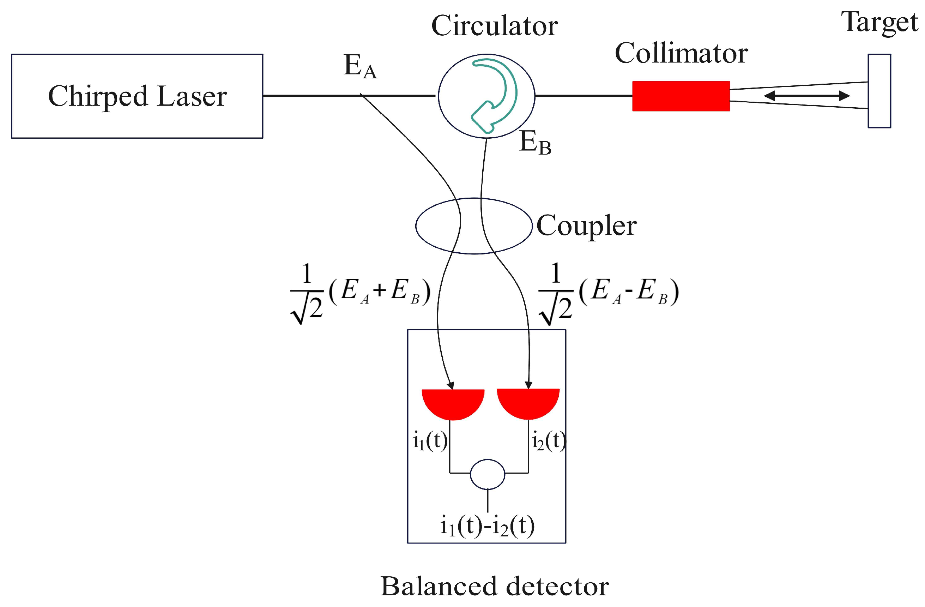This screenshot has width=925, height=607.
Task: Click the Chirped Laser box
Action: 137,96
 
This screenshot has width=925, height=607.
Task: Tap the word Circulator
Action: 494,26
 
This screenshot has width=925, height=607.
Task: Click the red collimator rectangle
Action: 681,96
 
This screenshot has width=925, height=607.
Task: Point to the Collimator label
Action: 681,53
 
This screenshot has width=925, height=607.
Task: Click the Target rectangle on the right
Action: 879,91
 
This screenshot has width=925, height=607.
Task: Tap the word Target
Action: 879,22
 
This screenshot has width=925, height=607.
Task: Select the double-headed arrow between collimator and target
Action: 806,96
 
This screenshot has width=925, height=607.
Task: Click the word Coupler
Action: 586,226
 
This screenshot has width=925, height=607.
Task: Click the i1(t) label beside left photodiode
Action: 430,441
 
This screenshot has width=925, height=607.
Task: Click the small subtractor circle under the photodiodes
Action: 488,474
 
